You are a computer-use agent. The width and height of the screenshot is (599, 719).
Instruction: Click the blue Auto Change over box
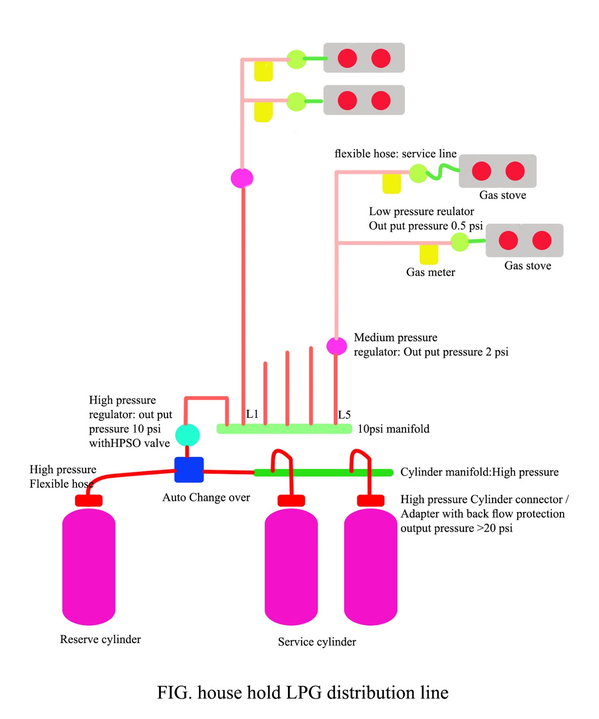click(189, 470)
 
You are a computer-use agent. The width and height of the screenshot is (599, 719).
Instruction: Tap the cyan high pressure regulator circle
click(187, 435)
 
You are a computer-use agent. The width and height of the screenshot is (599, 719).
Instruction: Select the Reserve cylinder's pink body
click(89, 566)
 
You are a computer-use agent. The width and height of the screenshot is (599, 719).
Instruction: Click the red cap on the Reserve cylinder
click(89, 500)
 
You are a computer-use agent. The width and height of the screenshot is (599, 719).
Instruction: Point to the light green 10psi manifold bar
click(284, 429)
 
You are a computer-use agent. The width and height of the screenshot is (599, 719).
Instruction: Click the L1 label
click(252, 414)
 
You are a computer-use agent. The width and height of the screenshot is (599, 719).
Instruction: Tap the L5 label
click(344, 415)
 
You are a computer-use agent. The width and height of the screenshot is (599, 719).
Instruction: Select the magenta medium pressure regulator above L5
click(336, 346)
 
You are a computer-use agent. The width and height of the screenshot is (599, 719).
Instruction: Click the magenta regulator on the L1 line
click(242, 178)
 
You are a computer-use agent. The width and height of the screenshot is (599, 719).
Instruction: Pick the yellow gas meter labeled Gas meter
click(429, 254)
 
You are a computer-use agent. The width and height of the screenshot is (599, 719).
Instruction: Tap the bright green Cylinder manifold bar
click(324, 472)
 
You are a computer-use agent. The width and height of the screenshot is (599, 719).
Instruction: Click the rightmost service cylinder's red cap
click(370, 500)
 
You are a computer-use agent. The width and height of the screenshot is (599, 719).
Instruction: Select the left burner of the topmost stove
click(347, 58)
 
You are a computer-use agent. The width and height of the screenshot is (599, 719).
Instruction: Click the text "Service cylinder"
click(317, 642)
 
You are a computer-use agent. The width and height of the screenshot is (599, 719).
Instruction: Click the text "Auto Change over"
click(206, 497)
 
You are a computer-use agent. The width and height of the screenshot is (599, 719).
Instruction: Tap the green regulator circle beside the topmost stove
click(296, 59)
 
